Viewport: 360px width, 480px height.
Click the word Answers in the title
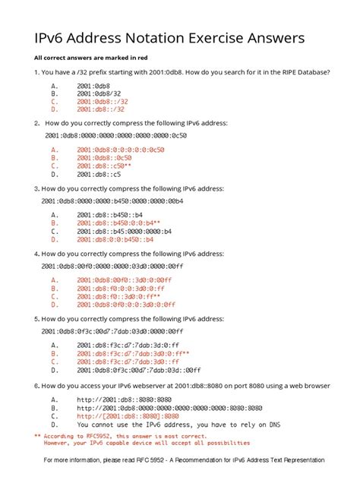click(278, 38)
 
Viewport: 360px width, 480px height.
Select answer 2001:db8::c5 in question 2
click(99, 173)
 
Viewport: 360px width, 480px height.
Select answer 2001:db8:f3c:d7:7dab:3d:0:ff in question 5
click(118, 346)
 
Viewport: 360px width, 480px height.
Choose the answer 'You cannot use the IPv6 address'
click(175, 425)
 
